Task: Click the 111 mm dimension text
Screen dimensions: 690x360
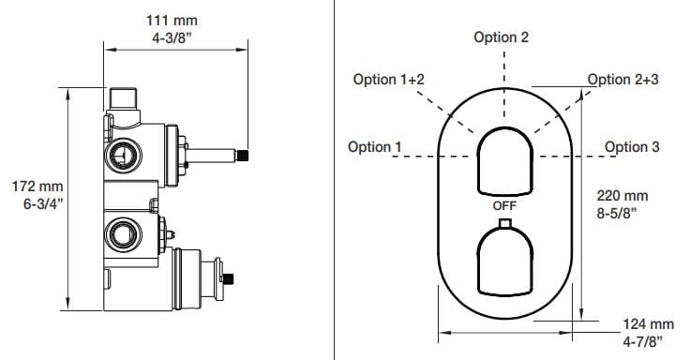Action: click(172, 21)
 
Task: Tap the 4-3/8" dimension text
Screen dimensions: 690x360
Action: click(172, 37)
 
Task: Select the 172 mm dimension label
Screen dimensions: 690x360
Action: click(37, 187)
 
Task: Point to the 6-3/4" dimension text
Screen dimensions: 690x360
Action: click(43, 203)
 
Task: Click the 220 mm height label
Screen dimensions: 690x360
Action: click(622, 195)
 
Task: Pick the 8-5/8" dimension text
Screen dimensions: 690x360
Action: click(617, 213)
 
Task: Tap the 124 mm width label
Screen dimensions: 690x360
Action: click(648, 324)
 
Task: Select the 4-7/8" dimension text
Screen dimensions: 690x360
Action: click(643, 341)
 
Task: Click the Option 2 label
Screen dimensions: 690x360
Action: click(502, 37)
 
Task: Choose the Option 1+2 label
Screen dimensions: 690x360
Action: click(388, 79)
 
